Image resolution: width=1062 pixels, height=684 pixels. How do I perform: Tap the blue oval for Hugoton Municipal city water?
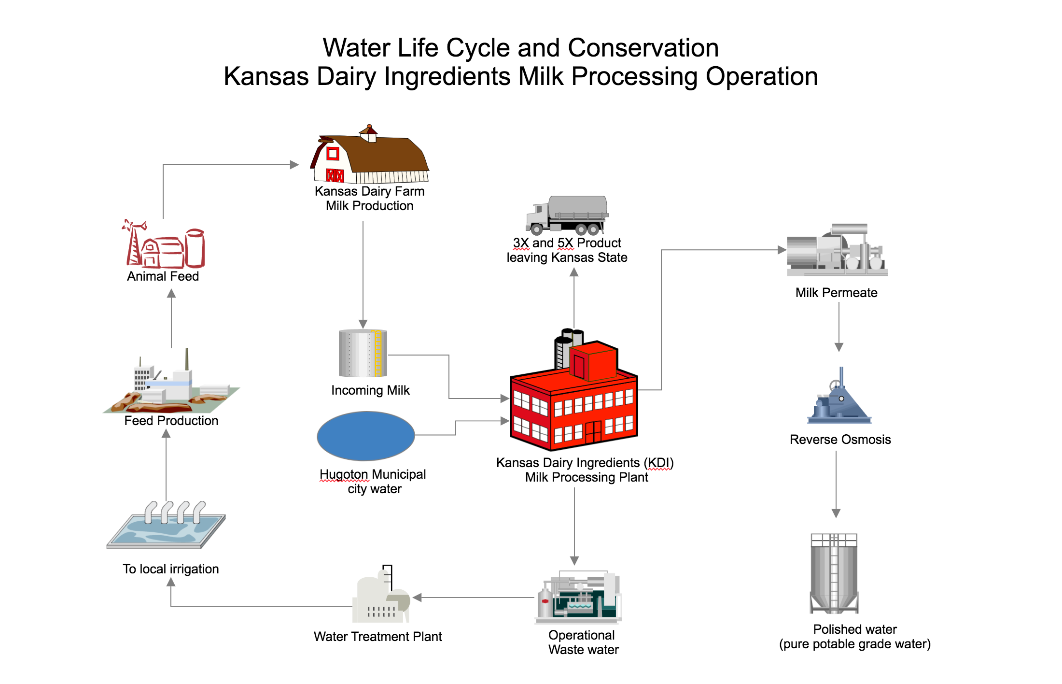365,436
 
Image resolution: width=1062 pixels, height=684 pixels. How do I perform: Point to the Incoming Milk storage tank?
363,353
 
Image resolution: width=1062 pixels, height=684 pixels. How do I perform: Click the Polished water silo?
834,573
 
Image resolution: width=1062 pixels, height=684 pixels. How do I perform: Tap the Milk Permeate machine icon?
837,250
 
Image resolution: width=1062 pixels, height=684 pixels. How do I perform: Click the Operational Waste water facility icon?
578,598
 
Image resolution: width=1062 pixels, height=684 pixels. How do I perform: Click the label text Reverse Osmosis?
840,440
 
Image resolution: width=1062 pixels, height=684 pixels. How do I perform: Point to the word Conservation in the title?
643,48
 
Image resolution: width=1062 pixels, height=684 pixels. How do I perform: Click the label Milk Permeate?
836,293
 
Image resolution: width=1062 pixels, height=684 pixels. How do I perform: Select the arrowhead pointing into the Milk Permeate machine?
782,250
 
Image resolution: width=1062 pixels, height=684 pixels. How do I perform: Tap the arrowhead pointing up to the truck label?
574,272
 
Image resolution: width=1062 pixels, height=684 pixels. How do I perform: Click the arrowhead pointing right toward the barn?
294,165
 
